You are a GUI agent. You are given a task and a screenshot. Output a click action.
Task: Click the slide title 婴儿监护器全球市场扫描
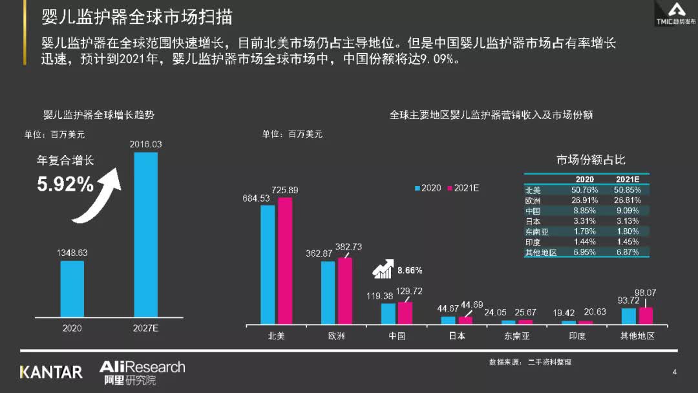[137, 17]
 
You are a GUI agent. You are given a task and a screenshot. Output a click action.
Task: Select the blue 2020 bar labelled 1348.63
[72, 288]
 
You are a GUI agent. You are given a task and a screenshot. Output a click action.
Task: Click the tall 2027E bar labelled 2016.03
[145, 234]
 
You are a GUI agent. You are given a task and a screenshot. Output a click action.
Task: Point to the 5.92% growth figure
[65, 185]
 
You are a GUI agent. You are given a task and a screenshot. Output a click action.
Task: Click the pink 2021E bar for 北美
[285, 260]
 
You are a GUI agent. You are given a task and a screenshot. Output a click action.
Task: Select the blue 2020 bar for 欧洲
[328, 292]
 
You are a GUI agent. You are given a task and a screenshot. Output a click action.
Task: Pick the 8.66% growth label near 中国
[410, 270]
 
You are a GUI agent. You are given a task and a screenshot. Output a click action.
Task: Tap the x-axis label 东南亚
[518, 336]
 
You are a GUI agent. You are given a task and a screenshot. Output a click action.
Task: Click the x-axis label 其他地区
[637, 336]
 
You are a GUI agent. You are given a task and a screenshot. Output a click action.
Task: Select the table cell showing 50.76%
[585, 190]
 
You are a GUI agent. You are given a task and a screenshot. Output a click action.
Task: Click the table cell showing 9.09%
[627, 211]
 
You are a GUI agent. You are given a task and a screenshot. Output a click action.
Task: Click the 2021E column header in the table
[627, 180]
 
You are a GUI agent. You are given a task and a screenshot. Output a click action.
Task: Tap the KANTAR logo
[51, 372]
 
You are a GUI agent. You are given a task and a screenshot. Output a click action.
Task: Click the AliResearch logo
[142, 372]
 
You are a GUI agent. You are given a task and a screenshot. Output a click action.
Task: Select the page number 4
[674, 372]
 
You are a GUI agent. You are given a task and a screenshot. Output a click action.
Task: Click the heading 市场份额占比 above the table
[591, 160]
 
